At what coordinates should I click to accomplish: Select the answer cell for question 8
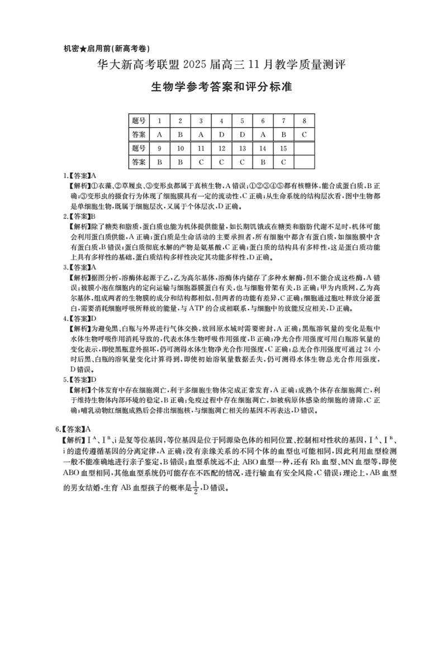304,135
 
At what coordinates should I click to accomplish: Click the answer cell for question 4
221,135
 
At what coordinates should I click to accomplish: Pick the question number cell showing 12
221,149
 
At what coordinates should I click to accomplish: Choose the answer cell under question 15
283,162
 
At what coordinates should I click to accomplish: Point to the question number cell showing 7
283,121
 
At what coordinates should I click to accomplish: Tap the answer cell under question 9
159,162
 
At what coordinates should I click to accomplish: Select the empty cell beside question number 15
304,149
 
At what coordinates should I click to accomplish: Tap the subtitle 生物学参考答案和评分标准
222,88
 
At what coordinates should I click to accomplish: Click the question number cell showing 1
159,121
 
